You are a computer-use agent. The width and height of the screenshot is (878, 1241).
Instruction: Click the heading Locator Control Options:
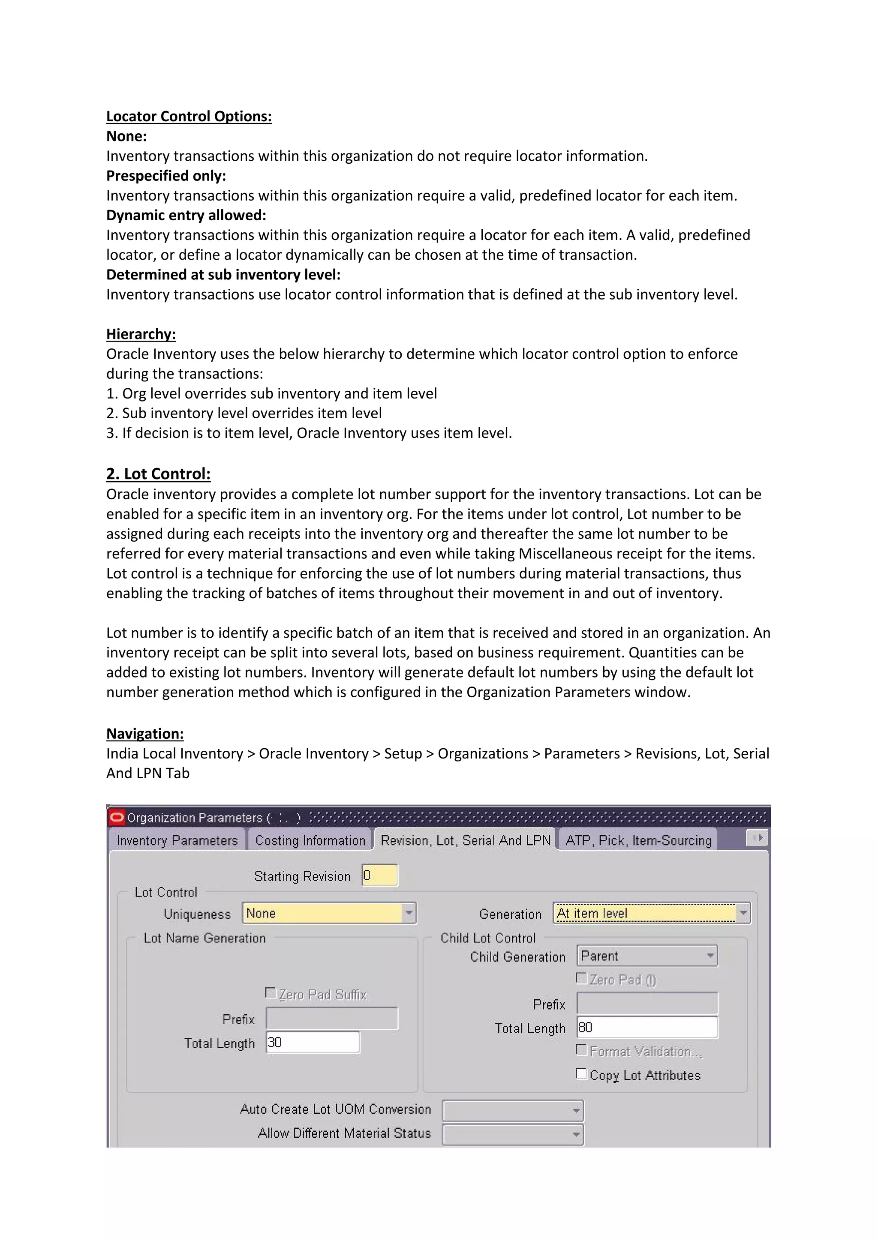[189, 116]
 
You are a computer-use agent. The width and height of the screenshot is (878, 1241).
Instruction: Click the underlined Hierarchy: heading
[141, 334]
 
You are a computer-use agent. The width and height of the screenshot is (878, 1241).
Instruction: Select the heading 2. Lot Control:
[158, 474]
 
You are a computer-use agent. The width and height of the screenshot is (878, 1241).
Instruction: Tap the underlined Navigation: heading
[144, 734]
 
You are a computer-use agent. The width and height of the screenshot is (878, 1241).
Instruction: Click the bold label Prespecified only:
[166, 176]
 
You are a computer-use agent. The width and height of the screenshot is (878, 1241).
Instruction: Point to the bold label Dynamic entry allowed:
[186, 215]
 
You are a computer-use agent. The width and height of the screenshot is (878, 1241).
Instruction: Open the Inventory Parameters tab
[177, 840]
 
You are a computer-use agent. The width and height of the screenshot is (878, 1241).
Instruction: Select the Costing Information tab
[310, 840]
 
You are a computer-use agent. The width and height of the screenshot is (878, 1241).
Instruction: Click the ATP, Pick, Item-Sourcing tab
[638, 840]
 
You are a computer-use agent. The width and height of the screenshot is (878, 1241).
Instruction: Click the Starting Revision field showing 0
[379, 875]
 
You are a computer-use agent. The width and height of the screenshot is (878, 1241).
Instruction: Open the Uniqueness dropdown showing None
[329, 913]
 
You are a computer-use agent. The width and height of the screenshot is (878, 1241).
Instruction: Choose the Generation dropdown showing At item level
[651, 913]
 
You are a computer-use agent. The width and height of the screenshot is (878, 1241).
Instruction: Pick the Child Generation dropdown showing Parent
[646, 956]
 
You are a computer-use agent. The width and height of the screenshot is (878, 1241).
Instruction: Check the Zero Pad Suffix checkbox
[271, 993]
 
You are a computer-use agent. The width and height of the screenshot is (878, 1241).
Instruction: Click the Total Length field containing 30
[313, 1042]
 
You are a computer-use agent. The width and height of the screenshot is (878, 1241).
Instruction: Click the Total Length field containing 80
[646, 1027]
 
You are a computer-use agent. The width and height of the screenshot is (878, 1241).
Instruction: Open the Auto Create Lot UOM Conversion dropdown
[513, 1110]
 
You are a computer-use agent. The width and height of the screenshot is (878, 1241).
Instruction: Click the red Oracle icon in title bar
[116, 817]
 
